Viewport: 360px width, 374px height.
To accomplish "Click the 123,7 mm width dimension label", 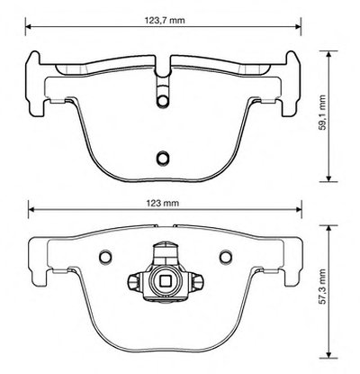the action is click(x=165, y=20).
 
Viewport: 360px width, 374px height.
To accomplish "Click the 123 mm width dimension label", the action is click(x=163, y=203).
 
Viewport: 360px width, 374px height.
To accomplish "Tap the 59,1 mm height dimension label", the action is click(x=322, y=113).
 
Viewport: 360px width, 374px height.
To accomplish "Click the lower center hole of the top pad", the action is click(x=163, y=157).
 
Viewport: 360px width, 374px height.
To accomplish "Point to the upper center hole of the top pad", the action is click(x=163, y=101).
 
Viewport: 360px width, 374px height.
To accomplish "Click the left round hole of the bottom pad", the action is click(x=105, y=256).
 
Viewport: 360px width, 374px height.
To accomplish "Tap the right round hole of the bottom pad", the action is click(x=225, y=256).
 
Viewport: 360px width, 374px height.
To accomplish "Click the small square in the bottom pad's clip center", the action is click(x=166, y=281).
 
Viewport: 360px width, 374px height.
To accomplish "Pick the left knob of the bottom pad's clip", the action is click(x=133, y=281).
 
